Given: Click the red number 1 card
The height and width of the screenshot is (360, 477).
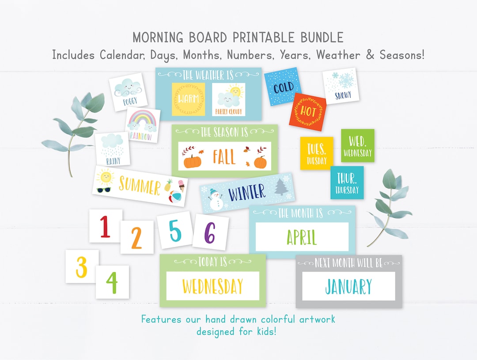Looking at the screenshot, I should click(106, 226).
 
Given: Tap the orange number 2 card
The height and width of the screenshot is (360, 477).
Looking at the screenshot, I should click(137, 237).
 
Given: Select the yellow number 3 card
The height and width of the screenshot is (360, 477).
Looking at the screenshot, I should click(82, 266).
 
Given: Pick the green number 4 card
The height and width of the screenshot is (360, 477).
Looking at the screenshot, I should click(112, 282).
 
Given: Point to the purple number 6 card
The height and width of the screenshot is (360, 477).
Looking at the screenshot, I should click(210, 232).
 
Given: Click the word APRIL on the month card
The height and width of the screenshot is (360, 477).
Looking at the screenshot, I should click(302, 237).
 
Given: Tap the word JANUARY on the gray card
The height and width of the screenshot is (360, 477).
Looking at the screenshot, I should click(348, 286).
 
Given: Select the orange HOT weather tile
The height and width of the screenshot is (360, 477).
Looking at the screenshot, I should click(308, 111).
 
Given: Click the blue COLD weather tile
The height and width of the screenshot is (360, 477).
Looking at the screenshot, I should click(283, 87).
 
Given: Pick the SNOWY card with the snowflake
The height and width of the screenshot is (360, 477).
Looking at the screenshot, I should click(341, 86).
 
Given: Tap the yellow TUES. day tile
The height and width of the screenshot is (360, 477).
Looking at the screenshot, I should click(316, 153).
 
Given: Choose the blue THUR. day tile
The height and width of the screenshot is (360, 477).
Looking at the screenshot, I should click(347, 182).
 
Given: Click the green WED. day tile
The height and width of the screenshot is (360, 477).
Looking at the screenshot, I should click(357, 145).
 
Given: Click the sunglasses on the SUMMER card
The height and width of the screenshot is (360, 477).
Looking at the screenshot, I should click(103, 190).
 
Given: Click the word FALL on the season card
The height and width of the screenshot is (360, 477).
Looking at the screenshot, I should click(224, 157).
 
